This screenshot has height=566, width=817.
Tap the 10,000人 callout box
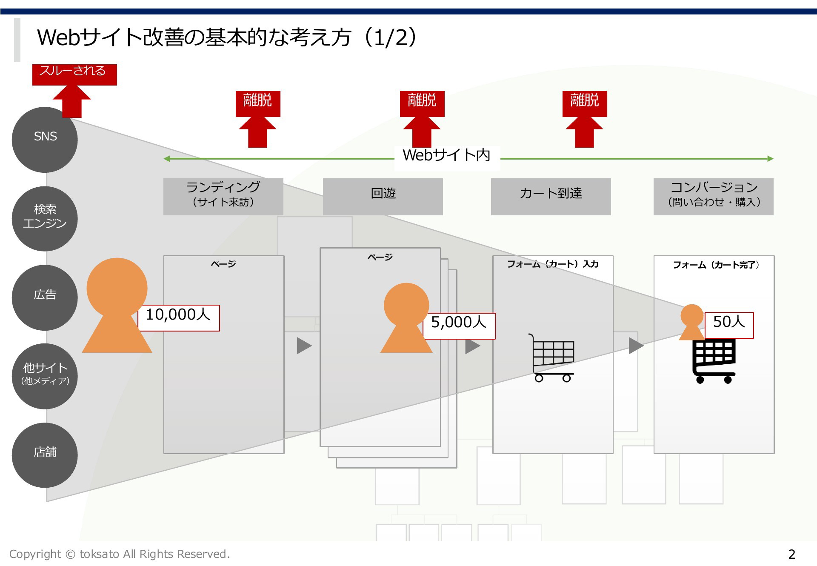point(179,317)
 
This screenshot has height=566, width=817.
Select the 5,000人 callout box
point(459,326)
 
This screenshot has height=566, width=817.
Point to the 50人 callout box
point(729,325)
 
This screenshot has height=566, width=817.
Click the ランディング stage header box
point(223,196)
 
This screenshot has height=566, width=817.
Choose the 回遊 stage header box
point(383,196)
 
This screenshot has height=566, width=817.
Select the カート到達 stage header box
point(551,196)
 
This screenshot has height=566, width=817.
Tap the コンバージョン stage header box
point(713,196)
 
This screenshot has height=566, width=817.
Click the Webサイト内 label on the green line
point(447,156)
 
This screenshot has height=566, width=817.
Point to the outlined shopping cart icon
point(551,357)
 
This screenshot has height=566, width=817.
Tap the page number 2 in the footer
point(791,554)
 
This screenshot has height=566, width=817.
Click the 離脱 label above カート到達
point(584,102)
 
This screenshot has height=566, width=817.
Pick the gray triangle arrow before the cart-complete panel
point(636,346)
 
